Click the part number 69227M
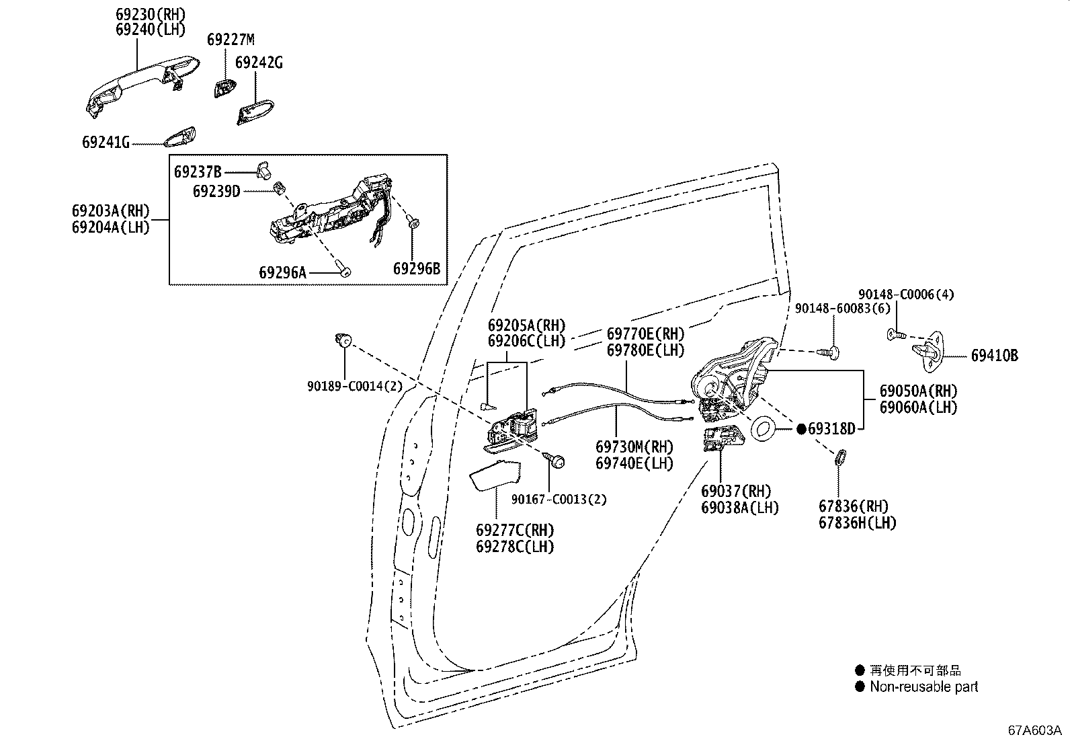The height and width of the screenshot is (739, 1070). click(231, 40)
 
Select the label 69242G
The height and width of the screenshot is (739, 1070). click(259, 63)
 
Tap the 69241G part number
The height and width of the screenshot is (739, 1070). click(106, 142)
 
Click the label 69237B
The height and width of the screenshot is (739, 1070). click(198, 171)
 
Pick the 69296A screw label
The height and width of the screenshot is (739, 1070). click(282, 272)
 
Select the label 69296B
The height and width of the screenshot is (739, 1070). click(417, 269)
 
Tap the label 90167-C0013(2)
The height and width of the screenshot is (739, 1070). click(559, 500)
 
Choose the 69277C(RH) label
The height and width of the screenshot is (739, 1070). click(515, 530)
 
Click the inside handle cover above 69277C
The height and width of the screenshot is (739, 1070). click(495, 476)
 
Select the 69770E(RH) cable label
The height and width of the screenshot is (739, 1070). click(645, 334)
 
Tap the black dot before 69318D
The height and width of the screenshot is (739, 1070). click(801, 428)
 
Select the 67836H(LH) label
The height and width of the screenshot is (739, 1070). click(857, 522)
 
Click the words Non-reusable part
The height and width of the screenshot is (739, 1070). click(923, 687)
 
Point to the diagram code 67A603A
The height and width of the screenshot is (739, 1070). click(1034, 730)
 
